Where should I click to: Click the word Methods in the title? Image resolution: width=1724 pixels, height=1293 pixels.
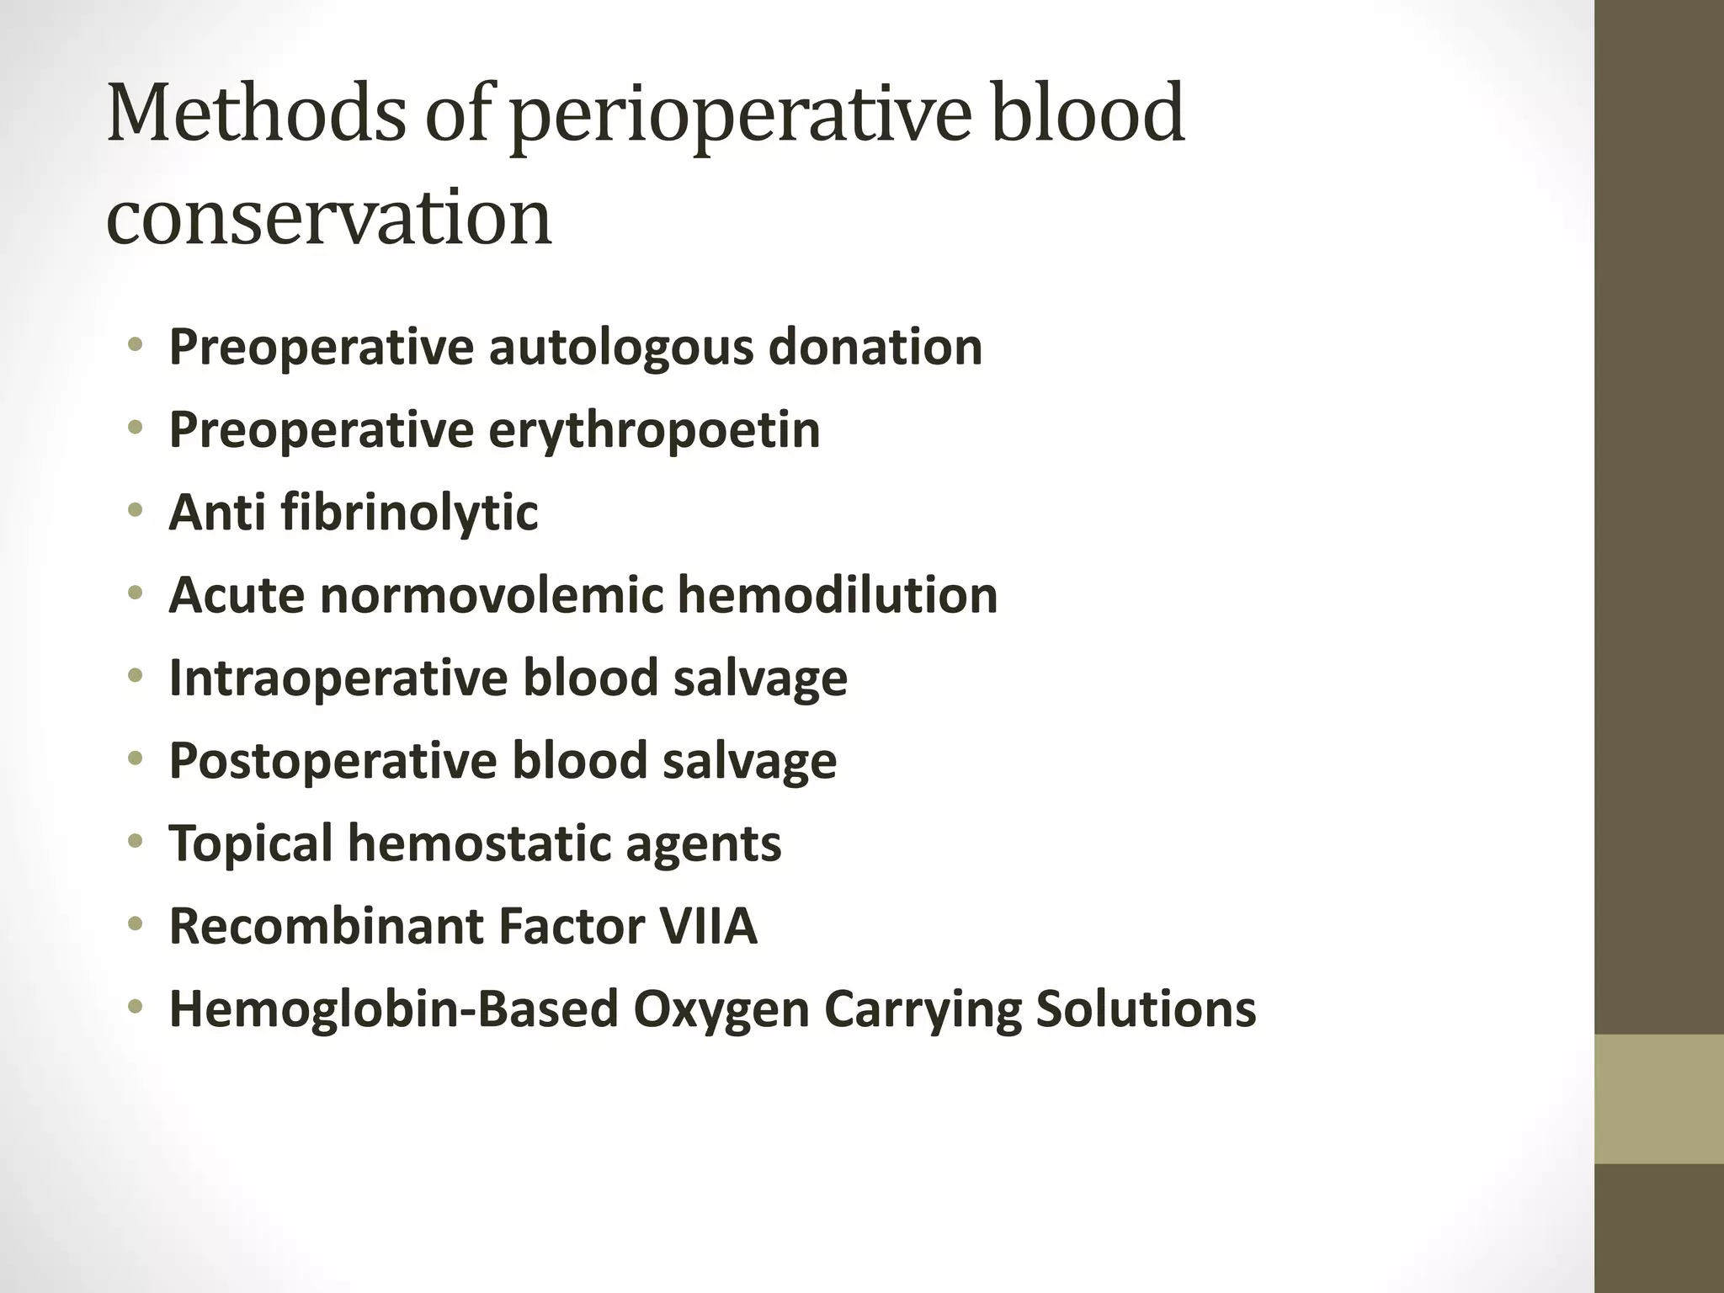(256, 114)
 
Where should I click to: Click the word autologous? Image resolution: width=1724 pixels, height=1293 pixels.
(620, 347)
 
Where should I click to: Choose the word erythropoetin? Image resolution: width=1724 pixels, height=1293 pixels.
(654, 430)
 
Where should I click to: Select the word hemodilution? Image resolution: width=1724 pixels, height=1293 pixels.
(838, 595)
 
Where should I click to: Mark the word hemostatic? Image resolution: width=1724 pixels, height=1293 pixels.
(479, 843)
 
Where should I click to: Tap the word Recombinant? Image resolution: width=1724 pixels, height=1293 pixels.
(326, 926)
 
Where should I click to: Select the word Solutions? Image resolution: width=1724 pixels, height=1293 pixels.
(1146, 1008)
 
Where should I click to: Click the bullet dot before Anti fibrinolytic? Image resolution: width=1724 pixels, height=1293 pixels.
(135, 511)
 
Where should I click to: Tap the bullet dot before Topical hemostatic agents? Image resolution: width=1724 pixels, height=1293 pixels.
(135, 842)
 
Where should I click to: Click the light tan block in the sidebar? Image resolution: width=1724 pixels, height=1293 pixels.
(1659, 1099)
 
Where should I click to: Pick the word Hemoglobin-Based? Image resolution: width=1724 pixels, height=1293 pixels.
(394, 1008)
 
